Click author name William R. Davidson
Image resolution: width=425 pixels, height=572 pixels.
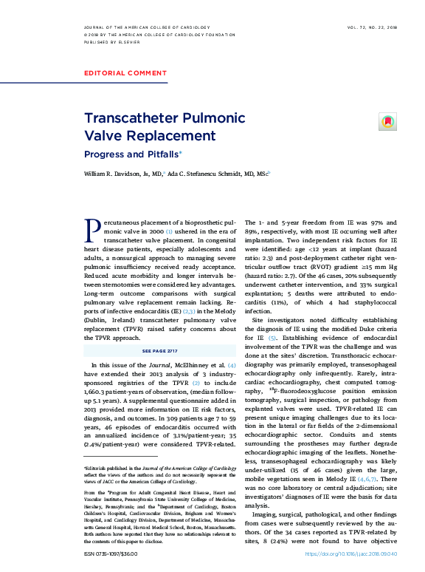(x=123, y=174)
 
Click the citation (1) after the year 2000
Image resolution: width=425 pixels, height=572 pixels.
(x=169, y=231)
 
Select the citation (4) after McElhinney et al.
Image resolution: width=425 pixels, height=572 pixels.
(x=232, y=366)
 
